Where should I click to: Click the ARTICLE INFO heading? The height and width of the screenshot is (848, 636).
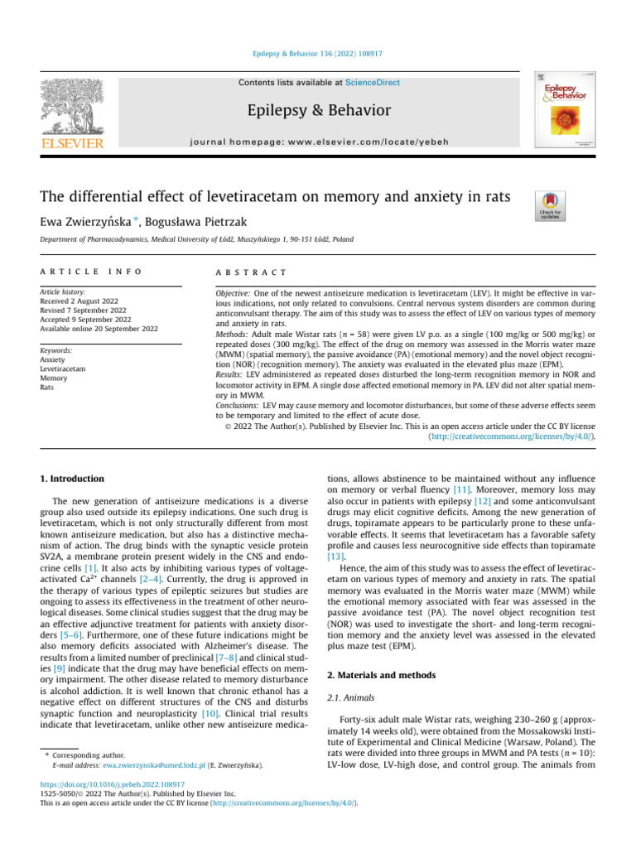(90, 272)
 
